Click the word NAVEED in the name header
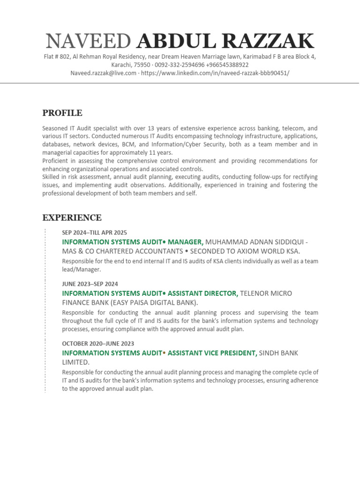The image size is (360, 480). pyautogui.click(x=89, y=42)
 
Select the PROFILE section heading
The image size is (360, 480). pyautogui.click(x=62, y=113)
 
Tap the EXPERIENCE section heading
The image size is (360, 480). pyautogui.click(x=72, y=217)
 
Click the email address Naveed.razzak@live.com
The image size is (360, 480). pyautogui.click(x=104, y=73)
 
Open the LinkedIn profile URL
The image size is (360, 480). pyautogui.click(x=215, y=73)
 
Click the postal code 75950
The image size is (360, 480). pyautogui.click(x=142, y=65)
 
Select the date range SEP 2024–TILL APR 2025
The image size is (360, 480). pyautogui.click(x=94, y=232)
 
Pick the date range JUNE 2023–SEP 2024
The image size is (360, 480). pyautogui.click(x=90, y=284)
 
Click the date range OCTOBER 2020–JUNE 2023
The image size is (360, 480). pyautogui.click(x=98, y=344)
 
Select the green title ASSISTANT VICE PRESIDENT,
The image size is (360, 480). pyautogui.click(x=212, y=353)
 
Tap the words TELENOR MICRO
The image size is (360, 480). pyautogui.click(x=266, y=293)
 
